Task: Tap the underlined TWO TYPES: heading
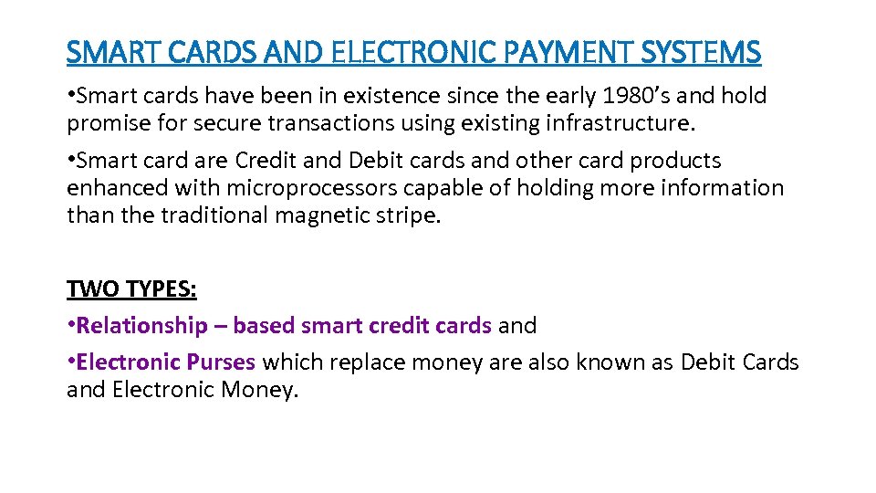[131, 289]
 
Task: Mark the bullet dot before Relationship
[71, 325]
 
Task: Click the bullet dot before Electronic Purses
[71, 362]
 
